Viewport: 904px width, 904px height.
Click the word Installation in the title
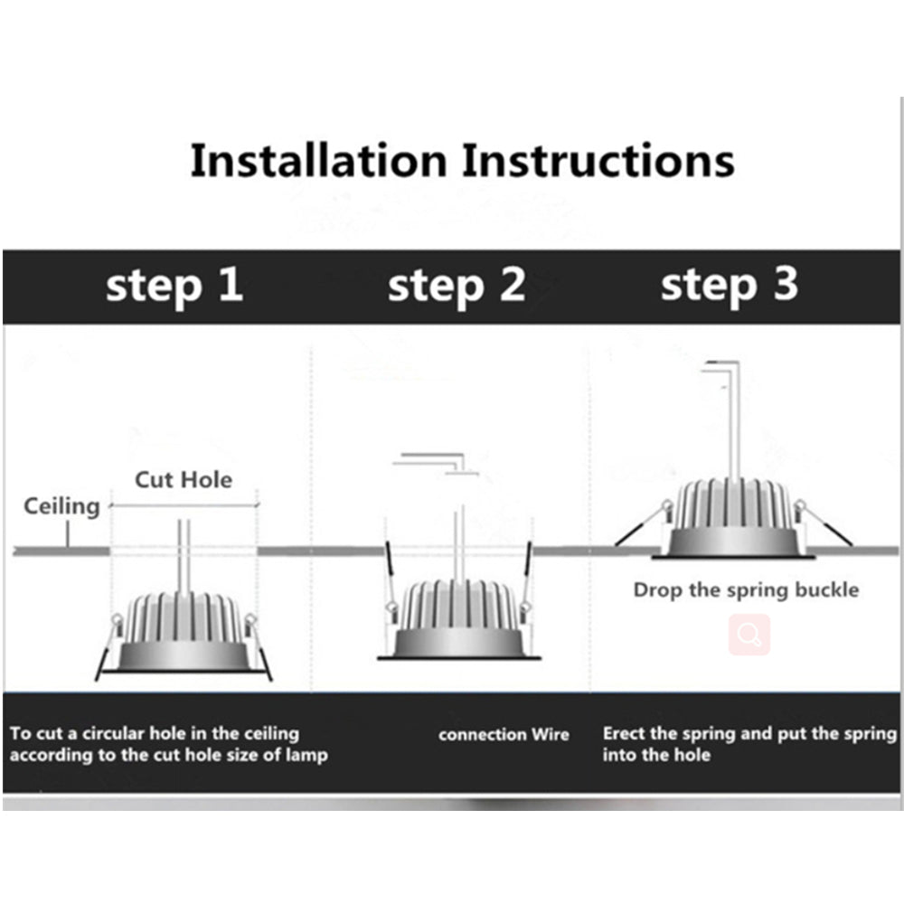click(318, 161)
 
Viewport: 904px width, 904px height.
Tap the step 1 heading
click(174, 286)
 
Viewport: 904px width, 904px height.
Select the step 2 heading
click(456, 286)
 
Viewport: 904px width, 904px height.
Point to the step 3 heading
click(729, 286)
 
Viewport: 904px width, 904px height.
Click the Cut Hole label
click(184, 479)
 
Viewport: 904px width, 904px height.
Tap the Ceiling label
click(61, 506)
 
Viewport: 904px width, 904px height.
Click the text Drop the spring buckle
click(746, 590)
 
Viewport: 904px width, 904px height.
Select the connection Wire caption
click(504, 734)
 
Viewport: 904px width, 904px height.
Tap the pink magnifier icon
click(749, 635)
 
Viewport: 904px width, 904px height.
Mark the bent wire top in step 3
click(720, 364)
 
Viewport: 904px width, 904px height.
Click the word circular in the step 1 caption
click(129, 733)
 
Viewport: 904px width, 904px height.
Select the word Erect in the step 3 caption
click(624, 733)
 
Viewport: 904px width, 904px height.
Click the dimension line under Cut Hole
click(184, 505)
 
